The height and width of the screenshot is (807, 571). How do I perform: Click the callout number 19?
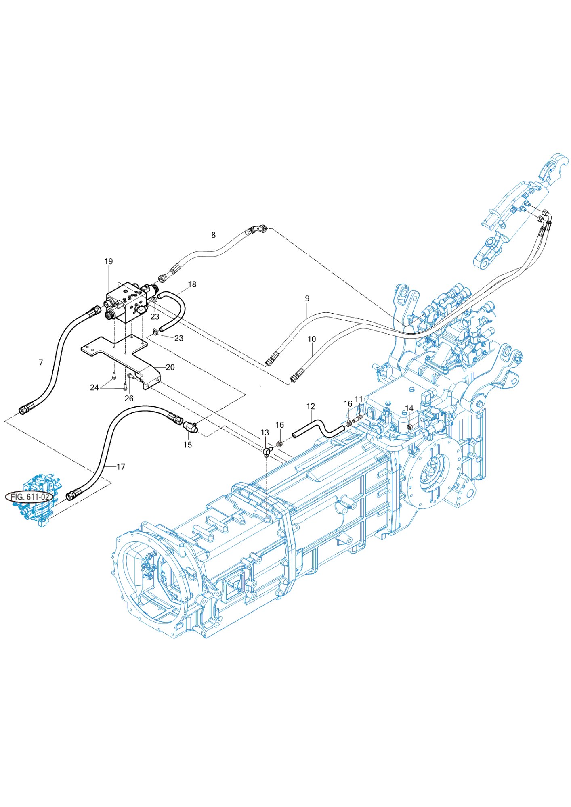[109, 261]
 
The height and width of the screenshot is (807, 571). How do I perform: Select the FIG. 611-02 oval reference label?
[29, 497]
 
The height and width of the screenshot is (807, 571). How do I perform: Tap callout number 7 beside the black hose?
[41, 362]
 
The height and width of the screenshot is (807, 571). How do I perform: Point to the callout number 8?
[213, 235]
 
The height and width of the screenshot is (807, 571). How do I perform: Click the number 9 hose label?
[307, 299]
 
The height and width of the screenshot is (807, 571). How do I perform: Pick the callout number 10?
[312, 339]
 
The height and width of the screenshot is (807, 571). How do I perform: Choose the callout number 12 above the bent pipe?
[311, 406]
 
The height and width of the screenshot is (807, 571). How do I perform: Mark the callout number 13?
[265, 433]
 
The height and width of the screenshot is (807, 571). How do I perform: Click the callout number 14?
[409, 408]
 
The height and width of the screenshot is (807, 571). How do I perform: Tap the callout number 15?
[188, 445]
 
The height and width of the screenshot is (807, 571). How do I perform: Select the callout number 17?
[121, 466]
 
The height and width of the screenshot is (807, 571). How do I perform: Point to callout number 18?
[192, 284]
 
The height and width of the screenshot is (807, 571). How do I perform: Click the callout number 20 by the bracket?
[170, 367]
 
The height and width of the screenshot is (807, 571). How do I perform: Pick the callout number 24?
[94, 387]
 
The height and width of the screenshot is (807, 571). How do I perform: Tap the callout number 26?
[129, 399]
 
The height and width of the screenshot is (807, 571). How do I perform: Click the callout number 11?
[359, 399]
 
